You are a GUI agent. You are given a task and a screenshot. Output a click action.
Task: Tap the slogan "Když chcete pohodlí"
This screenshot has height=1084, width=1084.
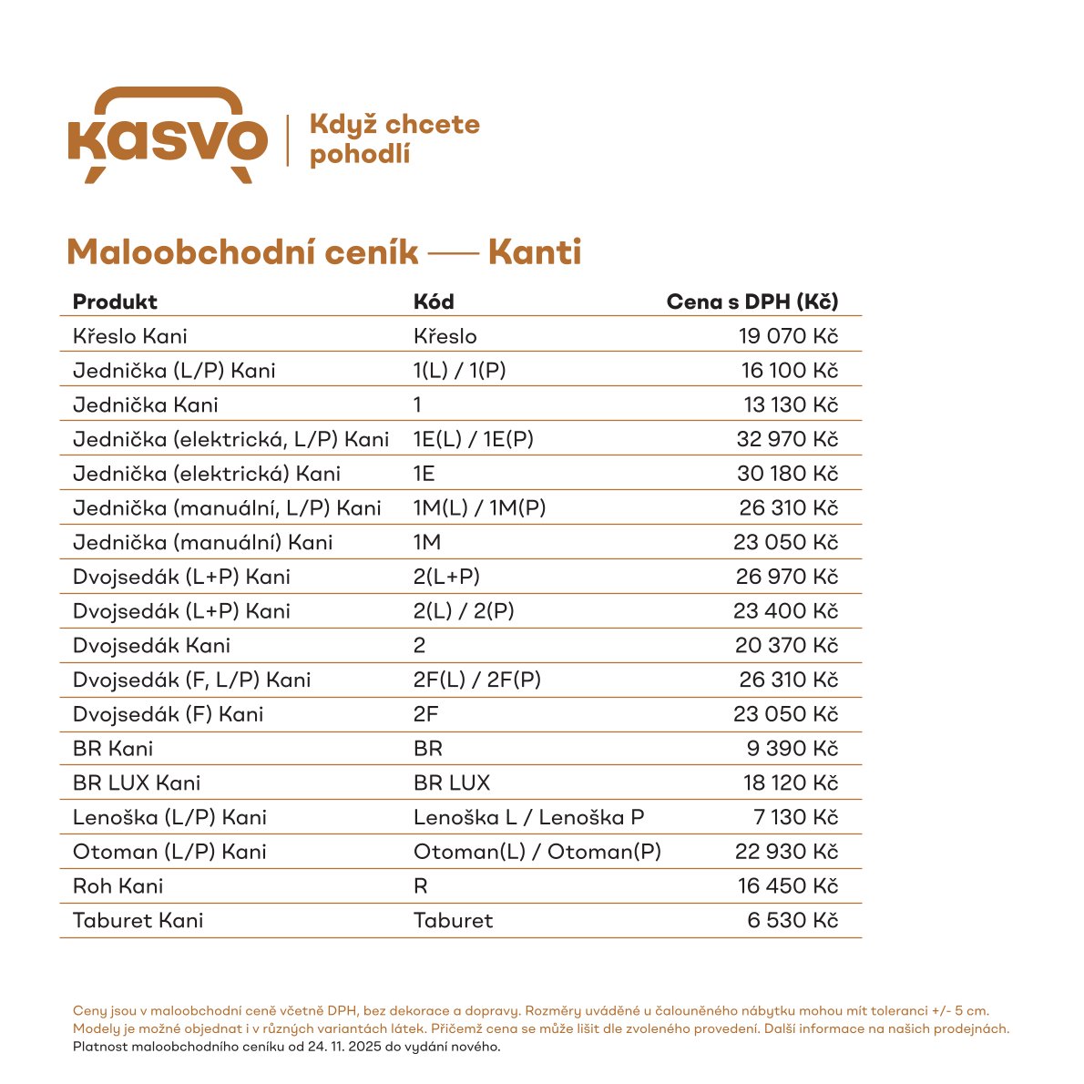[394, 138]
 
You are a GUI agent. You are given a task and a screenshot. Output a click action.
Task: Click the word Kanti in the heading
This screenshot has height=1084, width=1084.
[535, 252]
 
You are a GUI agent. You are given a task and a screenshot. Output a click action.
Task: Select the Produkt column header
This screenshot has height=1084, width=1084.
[115, 302]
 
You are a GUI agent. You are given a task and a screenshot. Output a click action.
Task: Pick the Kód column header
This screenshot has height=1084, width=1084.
[434, 302]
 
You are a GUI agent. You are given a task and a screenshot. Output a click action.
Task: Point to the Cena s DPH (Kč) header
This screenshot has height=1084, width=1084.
[752, 302]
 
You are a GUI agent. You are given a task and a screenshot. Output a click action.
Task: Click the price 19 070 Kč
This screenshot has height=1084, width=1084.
[788, 336]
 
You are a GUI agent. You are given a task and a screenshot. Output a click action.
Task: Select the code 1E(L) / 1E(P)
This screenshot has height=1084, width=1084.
[474, 439]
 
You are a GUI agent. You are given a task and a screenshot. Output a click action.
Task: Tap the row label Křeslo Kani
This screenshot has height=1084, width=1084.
[130, 336]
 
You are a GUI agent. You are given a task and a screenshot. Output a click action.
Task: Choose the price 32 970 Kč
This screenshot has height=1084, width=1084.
[787, 439]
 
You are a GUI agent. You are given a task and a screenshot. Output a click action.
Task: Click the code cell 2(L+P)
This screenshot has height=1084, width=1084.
[446, 577]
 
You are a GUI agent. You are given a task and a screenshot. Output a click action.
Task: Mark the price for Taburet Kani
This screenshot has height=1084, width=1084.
[793, 920]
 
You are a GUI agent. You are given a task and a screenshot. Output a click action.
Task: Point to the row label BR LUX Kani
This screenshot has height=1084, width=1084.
[137, 782]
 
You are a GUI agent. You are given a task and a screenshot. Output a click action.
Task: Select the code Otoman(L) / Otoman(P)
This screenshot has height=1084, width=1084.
[537, 852]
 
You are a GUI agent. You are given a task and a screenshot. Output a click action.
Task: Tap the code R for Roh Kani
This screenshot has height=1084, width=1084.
[421, 885]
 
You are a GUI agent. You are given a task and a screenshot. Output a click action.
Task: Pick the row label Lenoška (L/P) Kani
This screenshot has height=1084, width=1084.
[169, 817]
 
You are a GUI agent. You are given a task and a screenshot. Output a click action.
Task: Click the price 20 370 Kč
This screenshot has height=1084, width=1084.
[786, 645]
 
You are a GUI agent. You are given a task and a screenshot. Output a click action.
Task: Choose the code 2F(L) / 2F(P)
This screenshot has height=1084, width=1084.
[477, 680]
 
